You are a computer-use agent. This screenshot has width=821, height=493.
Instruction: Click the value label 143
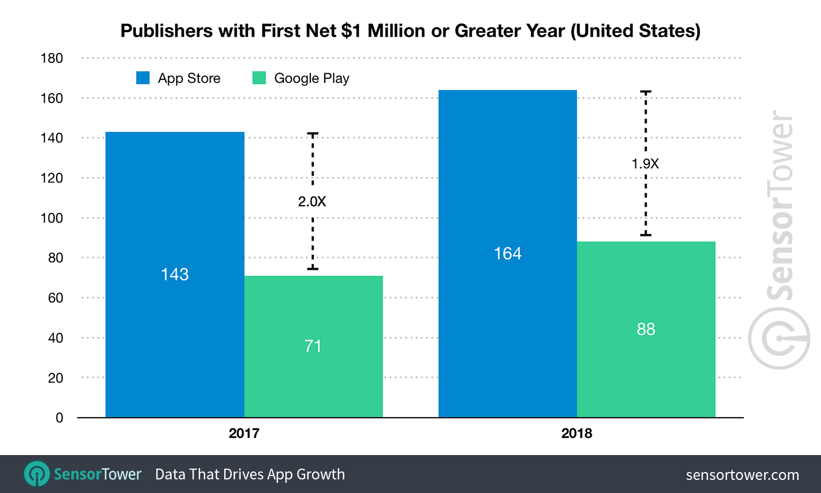tap(174, 274)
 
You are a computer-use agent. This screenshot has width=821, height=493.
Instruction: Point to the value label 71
tap(313, 346)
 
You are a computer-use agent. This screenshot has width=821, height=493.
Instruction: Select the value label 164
tap(507, 253)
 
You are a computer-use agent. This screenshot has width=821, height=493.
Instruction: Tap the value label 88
tap(645, 329)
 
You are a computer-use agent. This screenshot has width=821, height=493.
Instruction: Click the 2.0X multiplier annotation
tap(312, 201)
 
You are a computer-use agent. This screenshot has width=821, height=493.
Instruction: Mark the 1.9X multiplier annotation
tap(645, 164)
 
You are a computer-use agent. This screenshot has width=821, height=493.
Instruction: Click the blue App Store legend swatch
tap(143, 78)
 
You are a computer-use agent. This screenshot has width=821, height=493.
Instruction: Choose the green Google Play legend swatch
tap(259, 78)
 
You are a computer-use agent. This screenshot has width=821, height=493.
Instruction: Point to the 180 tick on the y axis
tap(52, 58)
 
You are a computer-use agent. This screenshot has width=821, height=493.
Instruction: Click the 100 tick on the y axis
tap(52, 218)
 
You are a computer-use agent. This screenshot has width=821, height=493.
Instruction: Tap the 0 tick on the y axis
tap(59, 418)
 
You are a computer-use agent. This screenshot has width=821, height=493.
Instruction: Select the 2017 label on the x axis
tap(244, 433)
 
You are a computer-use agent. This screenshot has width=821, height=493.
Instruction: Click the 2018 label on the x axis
tap(576, 433)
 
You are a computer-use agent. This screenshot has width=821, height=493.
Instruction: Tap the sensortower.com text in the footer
tap(742, 475)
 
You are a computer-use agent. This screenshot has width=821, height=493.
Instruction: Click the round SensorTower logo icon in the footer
tap(37, 474)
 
